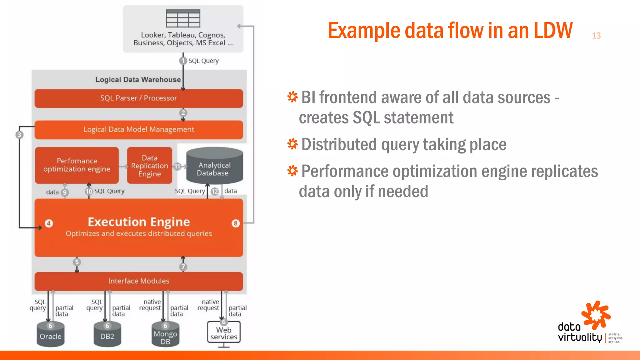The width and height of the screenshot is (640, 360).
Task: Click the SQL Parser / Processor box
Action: pos(138,98)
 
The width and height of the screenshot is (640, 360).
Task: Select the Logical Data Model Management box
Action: pos(138,129)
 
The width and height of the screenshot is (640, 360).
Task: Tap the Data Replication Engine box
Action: pos(149,166)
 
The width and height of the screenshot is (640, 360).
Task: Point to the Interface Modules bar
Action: pos(138,281)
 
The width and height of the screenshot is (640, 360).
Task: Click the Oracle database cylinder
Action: pos(50,336)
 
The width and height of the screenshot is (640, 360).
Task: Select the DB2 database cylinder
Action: pos(107,336)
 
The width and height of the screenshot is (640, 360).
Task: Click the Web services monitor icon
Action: pos(224,333)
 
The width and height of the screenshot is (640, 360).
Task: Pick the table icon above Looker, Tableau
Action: pos(183,18)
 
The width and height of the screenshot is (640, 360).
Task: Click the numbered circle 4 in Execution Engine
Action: pos(49,223)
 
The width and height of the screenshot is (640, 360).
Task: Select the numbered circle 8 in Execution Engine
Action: pos(236,223)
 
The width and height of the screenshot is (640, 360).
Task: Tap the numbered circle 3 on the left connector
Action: pos(19,135)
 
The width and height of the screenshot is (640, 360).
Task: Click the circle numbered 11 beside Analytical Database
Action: pos(177,166)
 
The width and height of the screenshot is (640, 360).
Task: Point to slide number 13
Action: pos(596,36)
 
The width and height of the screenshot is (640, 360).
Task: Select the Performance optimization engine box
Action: pos(77,165)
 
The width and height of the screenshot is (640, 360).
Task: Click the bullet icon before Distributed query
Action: pos(292,144)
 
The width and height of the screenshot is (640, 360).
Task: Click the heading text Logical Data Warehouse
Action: pos(138,80)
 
